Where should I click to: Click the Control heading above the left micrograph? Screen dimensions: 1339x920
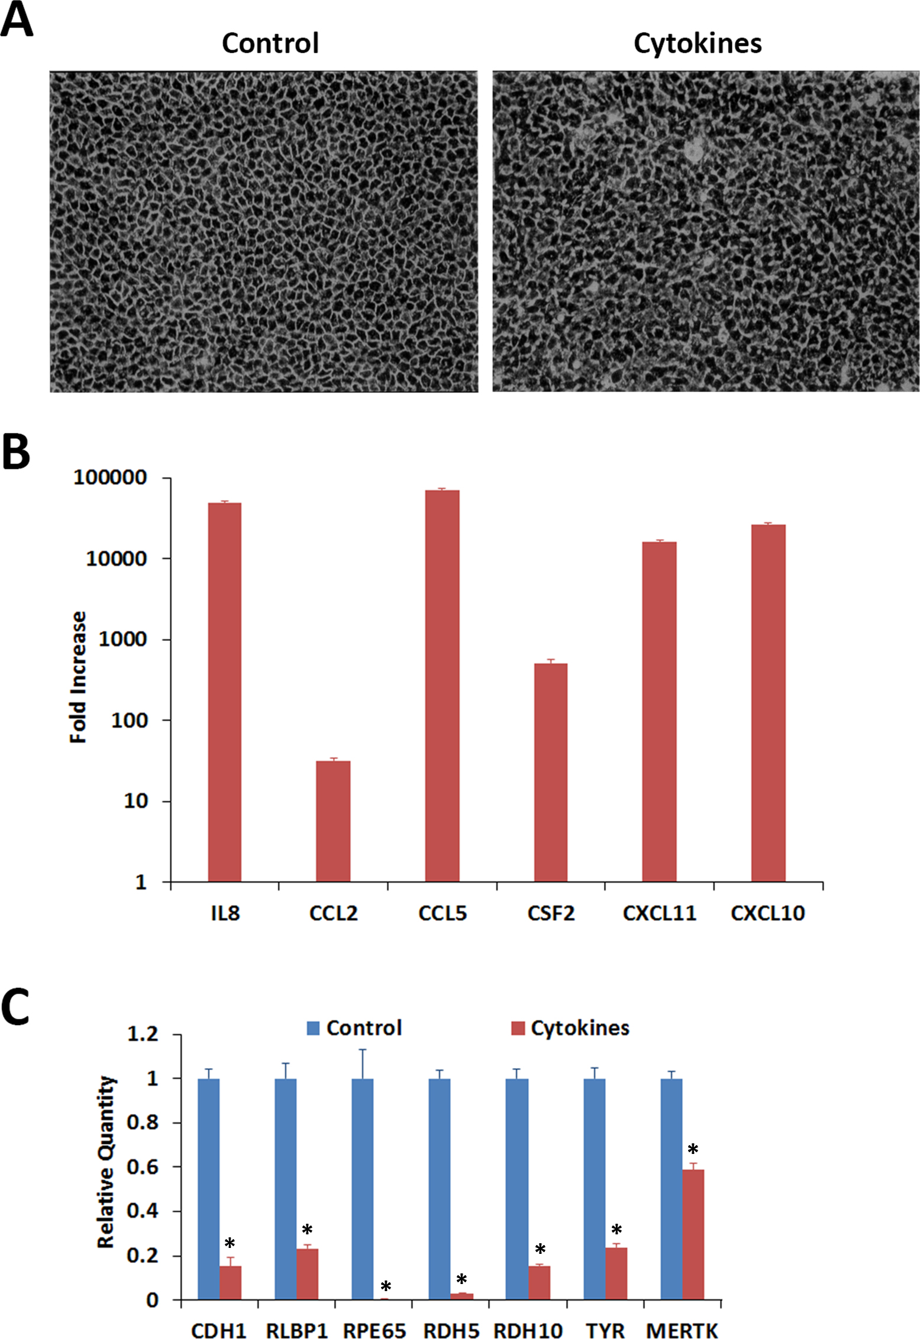pos(270,43)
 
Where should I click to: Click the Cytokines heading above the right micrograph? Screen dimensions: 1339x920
pos(698,43)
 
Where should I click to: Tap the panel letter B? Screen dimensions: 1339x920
pos(16,452)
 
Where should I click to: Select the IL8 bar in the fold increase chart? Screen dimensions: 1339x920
pos(225,692)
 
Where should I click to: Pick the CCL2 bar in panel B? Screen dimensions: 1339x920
pos(333,821)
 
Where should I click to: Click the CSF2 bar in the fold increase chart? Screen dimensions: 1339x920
pos(551,772)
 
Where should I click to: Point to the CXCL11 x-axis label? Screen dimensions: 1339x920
pos(659,913)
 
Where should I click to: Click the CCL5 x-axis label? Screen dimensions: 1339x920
pos(443,913)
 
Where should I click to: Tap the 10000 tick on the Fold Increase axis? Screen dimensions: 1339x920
pos(117,559)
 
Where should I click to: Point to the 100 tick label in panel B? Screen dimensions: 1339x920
pos(129,721)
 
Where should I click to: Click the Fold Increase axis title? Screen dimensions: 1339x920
pos(79,677)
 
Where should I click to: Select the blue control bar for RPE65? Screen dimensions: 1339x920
pos(363,1189)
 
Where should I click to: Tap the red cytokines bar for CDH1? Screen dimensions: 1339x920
pos(231,1282)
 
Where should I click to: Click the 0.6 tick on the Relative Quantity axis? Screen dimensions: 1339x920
pos(143,1167)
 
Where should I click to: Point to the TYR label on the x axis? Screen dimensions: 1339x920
pos(605,1330)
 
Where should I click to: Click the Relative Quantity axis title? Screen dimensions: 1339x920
pos(106,1162)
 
